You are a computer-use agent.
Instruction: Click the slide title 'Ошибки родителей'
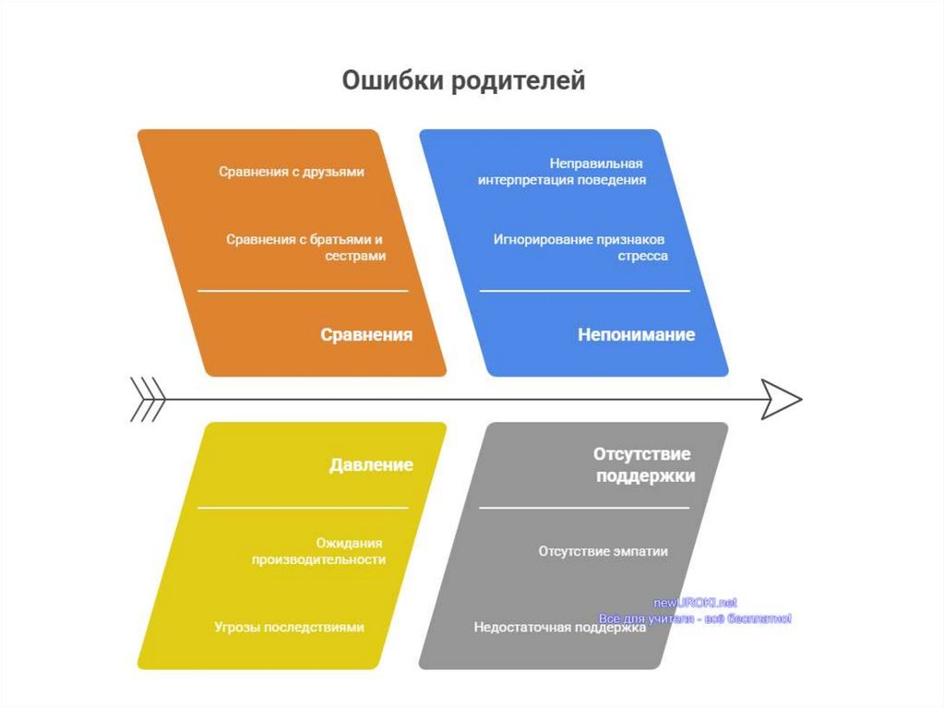pyautogui.click(x=463, y=81)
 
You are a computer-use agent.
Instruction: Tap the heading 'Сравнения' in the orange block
pyautogui.click(x=366, y=335)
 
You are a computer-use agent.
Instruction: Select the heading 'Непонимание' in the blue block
pyautogui.click(x=636, y=335)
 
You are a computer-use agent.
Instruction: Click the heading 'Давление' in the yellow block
pyautogui.click(x=371, y=465)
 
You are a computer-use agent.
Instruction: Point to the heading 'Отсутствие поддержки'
pyautogui.click(x=644, y=465)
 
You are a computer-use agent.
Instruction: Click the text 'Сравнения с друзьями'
pyautogui.click(x=292, y=172)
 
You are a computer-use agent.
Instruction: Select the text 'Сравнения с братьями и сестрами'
pyautogui.click(x=306, y=247)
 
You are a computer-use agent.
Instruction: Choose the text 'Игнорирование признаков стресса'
pyautogui.click(x=580, y=247)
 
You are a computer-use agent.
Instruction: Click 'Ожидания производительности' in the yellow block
pyautogui.click(x=319, y=551)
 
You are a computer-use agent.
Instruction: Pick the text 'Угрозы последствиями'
pyautogui.click(x=289, y=628)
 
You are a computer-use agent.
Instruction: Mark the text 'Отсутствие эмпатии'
pyautogui.click(x=603, y=551)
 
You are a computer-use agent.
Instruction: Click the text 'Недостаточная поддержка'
pyautogui.click(x=559, y=628)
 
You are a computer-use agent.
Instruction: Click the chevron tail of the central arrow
pyautogui.click(x=148, y=400)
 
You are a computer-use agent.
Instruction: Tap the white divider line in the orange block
pyautogui.click(x=303, y=291)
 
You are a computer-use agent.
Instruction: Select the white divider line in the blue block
pyautogui.click(x=584, y=291)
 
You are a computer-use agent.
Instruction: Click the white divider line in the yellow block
pyautogui.click(x=303, y=508)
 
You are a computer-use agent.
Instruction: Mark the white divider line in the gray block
pyautogui.click(x=584, y=508)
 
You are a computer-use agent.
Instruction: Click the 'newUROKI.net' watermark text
pyautogui.click(x=695, y=603)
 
